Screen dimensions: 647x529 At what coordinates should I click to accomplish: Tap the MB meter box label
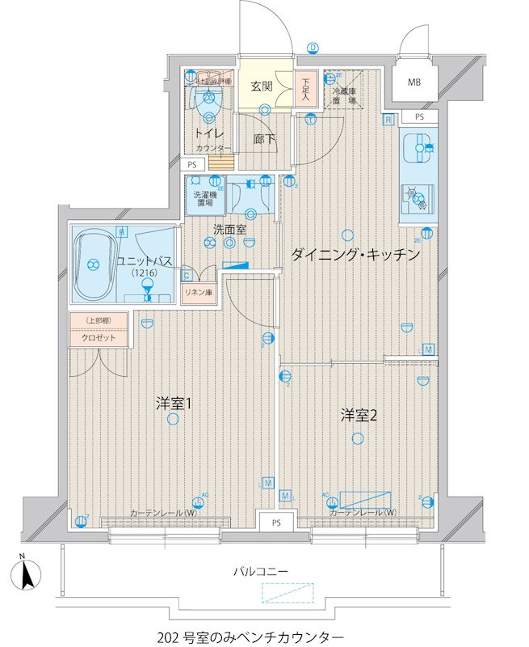pos(414,82)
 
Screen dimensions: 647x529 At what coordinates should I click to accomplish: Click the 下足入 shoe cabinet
pos(304,89)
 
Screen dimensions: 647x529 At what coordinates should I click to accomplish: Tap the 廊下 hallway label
pos(264,139)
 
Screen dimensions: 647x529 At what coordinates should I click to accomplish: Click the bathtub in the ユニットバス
pos(94,264)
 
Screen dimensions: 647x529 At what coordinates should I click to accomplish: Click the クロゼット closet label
pos(98,339)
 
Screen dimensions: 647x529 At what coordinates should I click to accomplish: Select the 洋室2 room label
pos(358,415)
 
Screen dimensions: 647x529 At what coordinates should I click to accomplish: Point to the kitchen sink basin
pos(418,150)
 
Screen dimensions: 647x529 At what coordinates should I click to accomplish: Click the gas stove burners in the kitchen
pos(418,199)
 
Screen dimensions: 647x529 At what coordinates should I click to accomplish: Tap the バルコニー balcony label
pos(260,571)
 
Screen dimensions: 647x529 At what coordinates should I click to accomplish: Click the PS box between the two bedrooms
pos(276,522)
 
